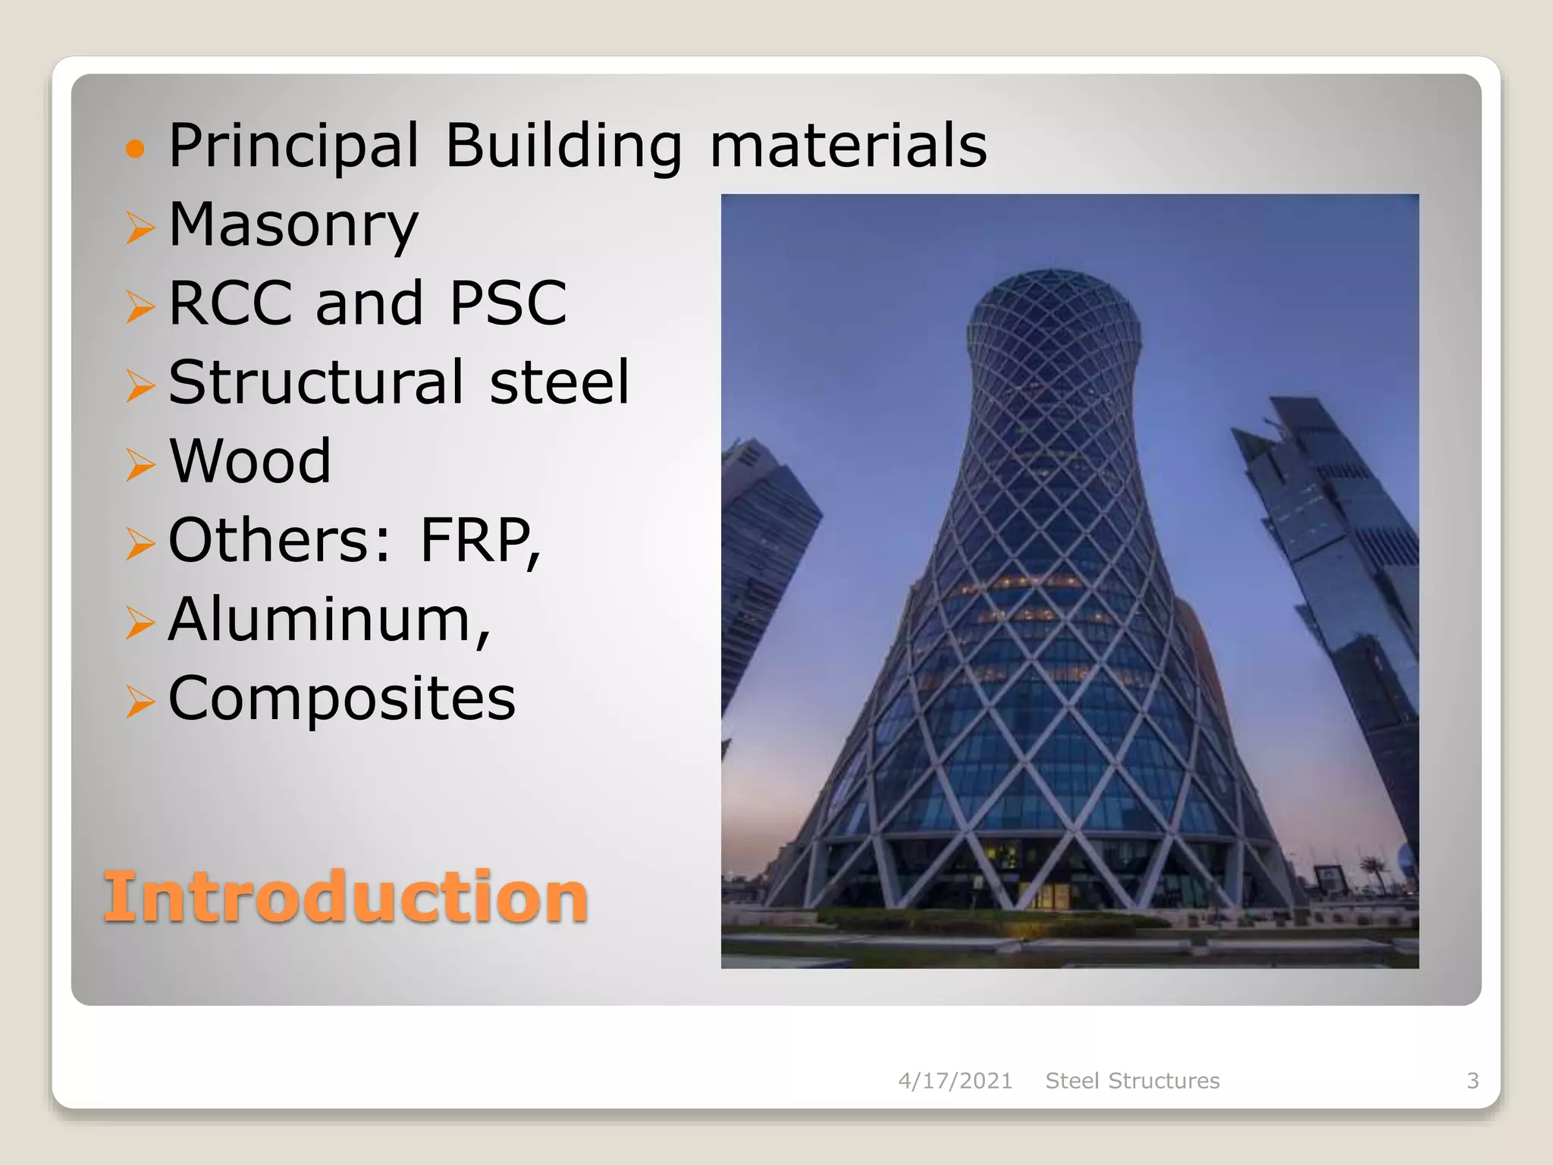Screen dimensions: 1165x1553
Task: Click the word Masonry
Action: coord(293,225)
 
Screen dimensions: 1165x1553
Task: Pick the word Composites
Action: coord(341,699)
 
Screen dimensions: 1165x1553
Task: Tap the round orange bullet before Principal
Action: coord(135,148)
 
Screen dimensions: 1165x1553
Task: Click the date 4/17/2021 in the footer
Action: coord(955,1081)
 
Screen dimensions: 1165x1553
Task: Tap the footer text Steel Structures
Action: coord(1132,1081)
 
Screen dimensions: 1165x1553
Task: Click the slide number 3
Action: coord(1473,1081)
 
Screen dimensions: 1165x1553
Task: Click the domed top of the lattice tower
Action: coord(1053,303)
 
